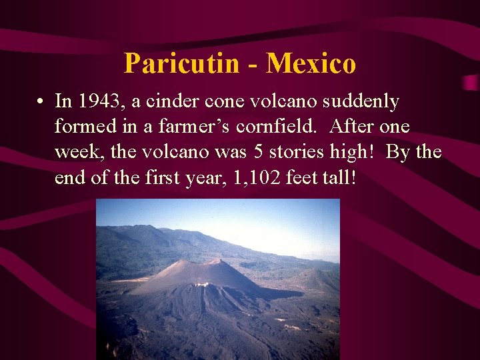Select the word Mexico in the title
[x=311, y=63]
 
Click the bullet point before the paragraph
[x=41, y=102]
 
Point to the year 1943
[x=97, y=101]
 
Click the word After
[x=354, y=127]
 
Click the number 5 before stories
[x=259, y=152]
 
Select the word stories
[x=301, y=152]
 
